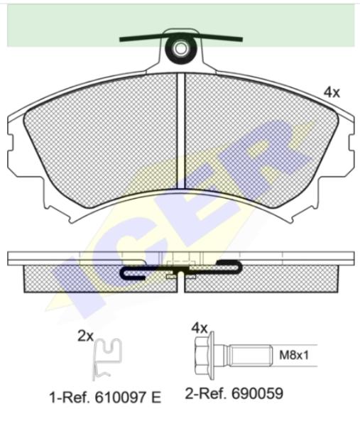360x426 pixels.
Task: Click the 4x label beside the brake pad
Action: [332, 93]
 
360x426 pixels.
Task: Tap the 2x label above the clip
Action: [86, 337]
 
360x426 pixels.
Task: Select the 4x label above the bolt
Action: [200, 328]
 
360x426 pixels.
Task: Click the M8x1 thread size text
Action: [294, 355]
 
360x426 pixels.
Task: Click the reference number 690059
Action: [257, 393]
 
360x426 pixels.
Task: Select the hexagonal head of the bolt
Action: [204, 356]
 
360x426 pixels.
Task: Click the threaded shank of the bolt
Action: [250, 356]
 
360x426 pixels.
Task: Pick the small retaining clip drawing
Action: [107, 359]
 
